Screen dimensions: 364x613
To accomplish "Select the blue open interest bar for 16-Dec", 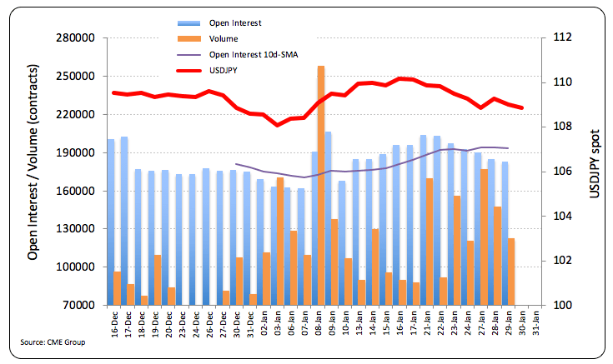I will [111, 222].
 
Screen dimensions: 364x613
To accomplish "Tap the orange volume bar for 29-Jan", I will [511, 272].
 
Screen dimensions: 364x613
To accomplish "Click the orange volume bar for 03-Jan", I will [280, 241].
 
